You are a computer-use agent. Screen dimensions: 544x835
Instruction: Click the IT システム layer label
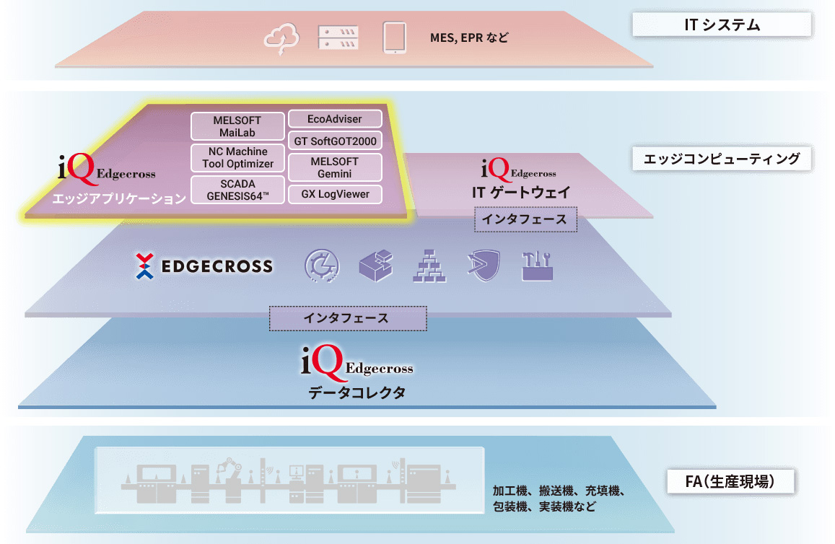tap(722, 25)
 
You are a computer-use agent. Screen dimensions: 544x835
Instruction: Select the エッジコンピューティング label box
tap(722, 159)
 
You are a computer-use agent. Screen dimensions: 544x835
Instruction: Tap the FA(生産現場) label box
tap(730, 481)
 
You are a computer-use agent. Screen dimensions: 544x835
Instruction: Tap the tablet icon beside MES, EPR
tap(394, 38)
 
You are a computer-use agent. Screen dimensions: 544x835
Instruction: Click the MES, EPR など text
tap(468, 37)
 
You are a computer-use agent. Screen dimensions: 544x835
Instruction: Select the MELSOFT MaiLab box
tap(237, 126)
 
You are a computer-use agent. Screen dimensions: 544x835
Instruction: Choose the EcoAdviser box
tap(335, 118)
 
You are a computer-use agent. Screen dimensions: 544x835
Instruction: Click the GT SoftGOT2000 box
tap(335, 141)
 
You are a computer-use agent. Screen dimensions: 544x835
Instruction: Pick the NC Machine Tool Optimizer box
tap(237, 158)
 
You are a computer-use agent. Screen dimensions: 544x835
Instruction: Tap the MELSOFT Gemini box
tap(335, 168)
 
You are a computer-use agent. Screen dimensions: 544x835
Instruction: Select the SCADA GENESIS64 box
tap(237, 190)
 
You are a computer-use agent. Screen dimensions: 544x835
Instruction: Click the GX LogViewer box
tap(335, 194)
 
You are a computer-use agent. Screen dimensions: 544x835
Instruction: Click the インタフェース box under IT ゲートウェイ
tap(525, 219)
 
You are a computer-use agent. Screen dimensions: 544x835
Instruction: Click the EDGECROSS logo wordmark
tap(205, 266)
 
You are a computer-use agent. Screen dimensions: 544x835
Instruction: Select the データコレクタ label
tap(357, 393)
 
